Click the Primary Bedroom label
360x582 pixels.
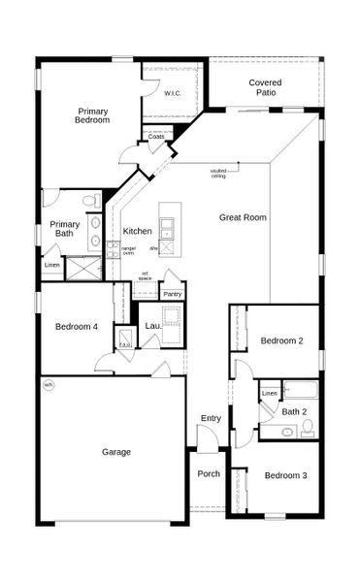[x=92, y=116]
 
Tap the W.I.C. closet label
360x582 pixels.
[x=173, y=94]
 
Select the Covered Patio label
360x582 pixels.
[x=265, y=88]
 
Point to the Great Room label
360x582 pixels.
[x=243, y=217]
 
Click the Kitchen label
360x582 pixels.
[x=137, y=231]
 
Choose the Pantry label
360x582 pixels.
[x=173, y=294]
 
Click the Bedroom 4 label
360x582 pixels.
[x=76, y=326]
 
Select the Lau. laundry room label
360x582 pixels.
[x=152, y=326]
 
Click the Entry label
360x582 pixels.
[x=211, y=418]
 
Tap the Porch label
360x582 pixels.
[x=209, y=473]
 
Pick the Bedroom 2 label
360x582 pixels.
[x=282, y=340]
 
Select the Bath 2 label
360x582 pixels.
[x=294, y=411]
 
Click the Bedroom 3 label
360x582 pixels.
[x=285, y=475]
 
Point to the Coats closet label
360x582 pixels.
[x=156, y=138]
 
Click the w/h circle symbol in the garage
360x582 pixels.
[x=49, y=384]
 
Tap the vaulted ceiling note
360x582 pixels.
[x=218, y=174]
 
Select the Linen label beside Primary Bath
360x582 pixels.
[x=51, y=265]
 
